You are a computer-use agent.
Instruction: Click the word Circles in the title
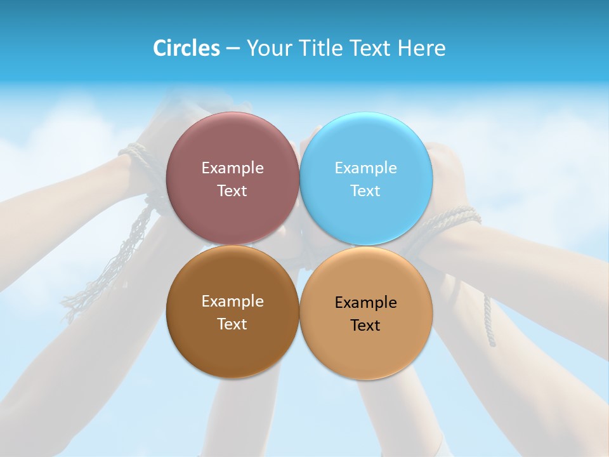186,48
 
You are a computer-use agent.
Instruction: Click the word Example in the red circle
232,168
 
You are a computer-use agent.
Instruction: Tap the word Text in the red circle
232,191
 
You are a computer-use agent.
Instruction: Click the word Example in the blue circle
365,168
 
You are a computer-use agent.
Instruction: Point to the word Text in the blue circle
365,191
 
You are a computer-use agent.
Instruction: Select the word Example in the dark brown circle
232,301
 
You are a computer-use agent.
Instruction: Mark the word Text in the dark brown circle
232,324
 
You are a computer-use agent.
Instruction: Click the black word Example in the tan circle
365,303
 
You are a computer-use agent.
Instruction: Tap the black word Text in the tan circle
365,326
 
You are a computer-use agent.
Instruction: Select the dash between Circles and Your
232,49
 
